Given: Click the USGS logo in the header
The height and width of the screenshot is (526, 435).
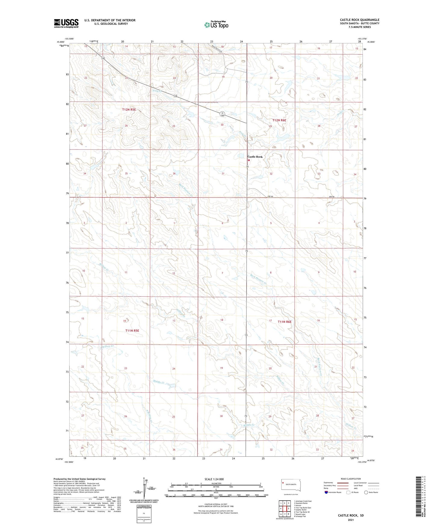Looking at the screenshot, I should (66, 23).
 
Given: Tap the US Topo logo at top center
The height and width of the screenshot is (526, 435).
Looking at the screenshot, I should (216, 24).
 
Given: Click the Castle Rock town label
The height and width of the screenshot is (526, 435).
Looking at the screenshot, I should (255, 157).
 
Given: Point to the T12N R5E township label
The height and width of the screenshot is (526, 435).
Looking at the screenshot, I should (129, 110).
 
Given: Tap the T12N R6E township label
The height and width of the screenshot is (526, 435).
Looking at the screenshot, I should (279, 120).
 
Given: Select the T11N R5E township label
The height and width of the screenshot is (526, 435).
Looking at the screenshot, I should (132, 330).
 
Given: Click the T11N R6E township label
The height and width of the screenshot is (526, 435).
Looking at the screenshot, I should (284, 322).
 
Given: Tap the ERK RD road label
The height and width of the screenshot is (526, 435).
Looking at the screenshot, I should (331, 197).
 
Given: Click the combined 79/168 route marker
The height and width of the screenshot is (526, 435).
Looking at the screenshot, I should (222, 114).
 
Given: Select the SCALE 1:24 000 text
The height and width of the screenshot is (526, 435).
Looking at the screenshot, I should (214, 479).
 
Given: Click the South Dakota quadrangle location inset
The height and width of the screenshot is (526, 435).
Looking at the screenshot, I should (289, 485).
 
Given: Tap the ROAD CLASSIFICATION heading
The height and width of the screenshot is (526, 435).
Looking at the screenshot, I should (351, 479).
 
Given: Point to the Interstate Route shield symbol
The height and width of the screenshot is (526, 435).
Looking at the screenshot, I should (327, 492).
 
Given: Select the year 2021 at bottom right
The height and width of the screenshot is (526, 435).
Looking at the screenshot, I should (350, 520).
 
